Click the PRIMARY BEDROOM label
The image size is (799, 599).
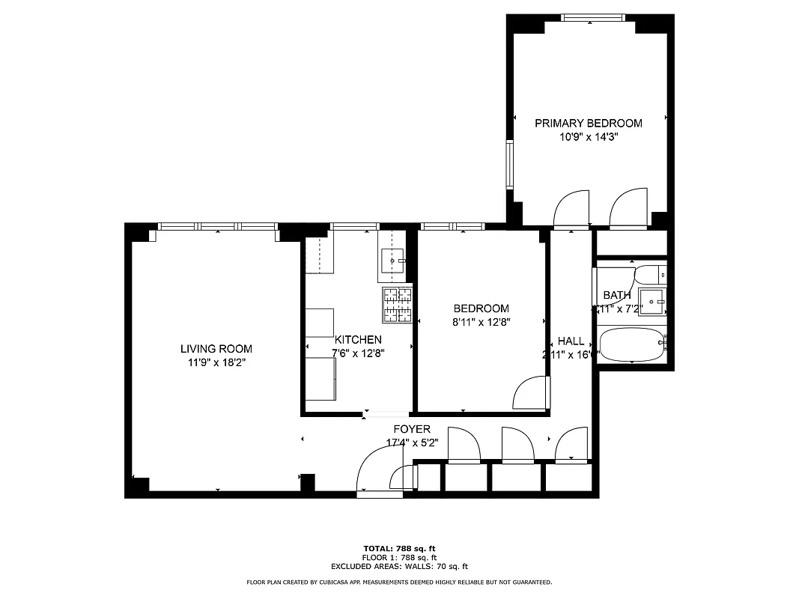pos(588,123)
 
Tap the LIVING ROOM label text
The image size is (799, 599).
pos(216,349)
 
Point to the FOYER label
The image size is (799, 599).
pos(412,429)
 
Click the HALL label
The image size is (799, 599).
pos(571,341)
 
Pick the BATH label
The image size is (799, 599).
pos(616,296)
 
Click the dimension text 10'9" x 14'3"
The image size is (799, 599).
pos(588,137)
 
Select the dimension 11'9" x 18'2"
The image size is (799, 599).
pos(216,362)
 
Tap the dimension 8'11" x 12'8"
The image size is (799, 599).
pos(481,322)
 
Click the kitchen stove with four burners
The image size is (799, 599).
pos(397,305)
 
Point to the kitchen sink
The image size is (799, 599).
pos(392,261)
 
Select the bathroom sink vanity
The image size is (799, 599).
pos(652,302)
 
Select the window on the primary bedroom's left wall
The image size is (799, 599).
pos(510,163)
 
